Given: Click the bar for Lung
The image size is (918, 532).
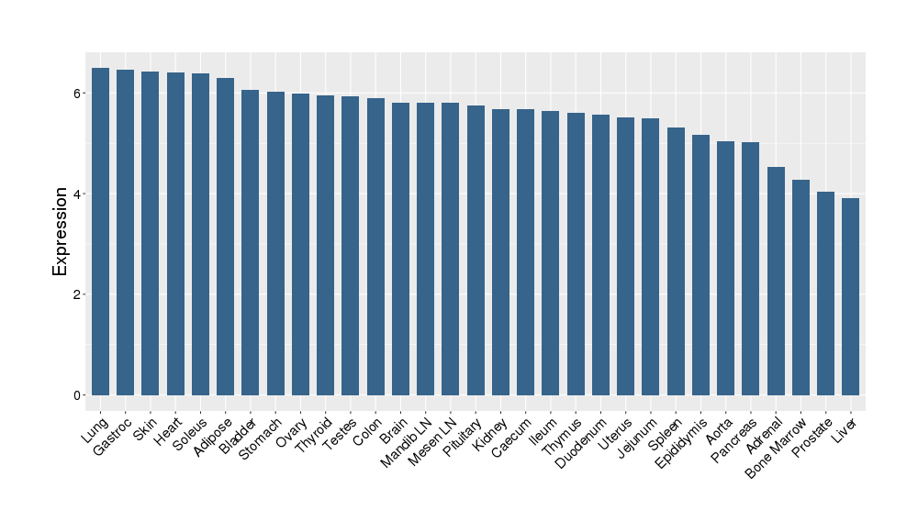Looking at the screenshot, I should tap(100, 231).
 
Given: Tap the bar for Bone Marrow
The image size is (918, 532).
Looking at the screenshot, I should tap(800, 287).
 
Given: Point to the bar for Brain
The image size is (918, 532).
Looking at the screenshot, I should tap(400, 249).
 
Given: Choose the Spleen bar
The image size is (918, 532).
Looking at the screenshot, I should tap(676, 261).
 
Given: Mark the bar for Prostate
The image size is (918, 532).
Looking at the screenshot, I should tap(825, 294).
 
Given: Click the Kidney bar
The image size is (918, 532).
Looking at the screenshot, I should tap(500, 252).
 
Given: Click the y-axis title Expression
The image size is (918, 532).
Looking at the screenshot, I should tap(61, 231).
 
